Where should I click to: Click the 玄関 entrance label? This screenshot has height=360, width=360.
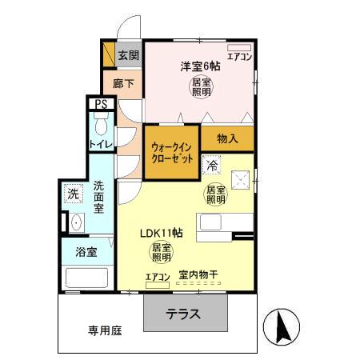tap(128, 55)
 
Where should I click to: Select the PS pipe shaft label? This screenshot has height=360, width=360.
tap(101, 104)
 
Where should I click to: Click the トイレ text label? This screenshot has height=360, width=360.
tap(101, 144)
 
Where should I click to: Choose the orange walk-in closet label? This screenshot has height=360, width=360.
tap(172, 152)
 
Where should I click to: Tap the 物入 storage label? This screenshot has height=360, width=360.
tap(228, 138)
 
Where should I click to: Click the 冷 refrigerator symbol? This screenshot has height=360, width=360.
tap(212, 166)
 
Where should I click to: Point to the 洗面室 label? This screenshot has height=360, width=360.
tap(99, 196)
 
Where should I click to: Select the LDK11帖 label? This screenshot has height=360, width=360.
tap(162, 233)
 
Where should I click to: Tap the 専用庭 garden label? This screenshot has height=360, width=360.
tap(105, 329)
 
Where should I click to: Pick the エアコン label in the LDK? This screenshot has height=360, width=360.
tap(158, 277)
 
